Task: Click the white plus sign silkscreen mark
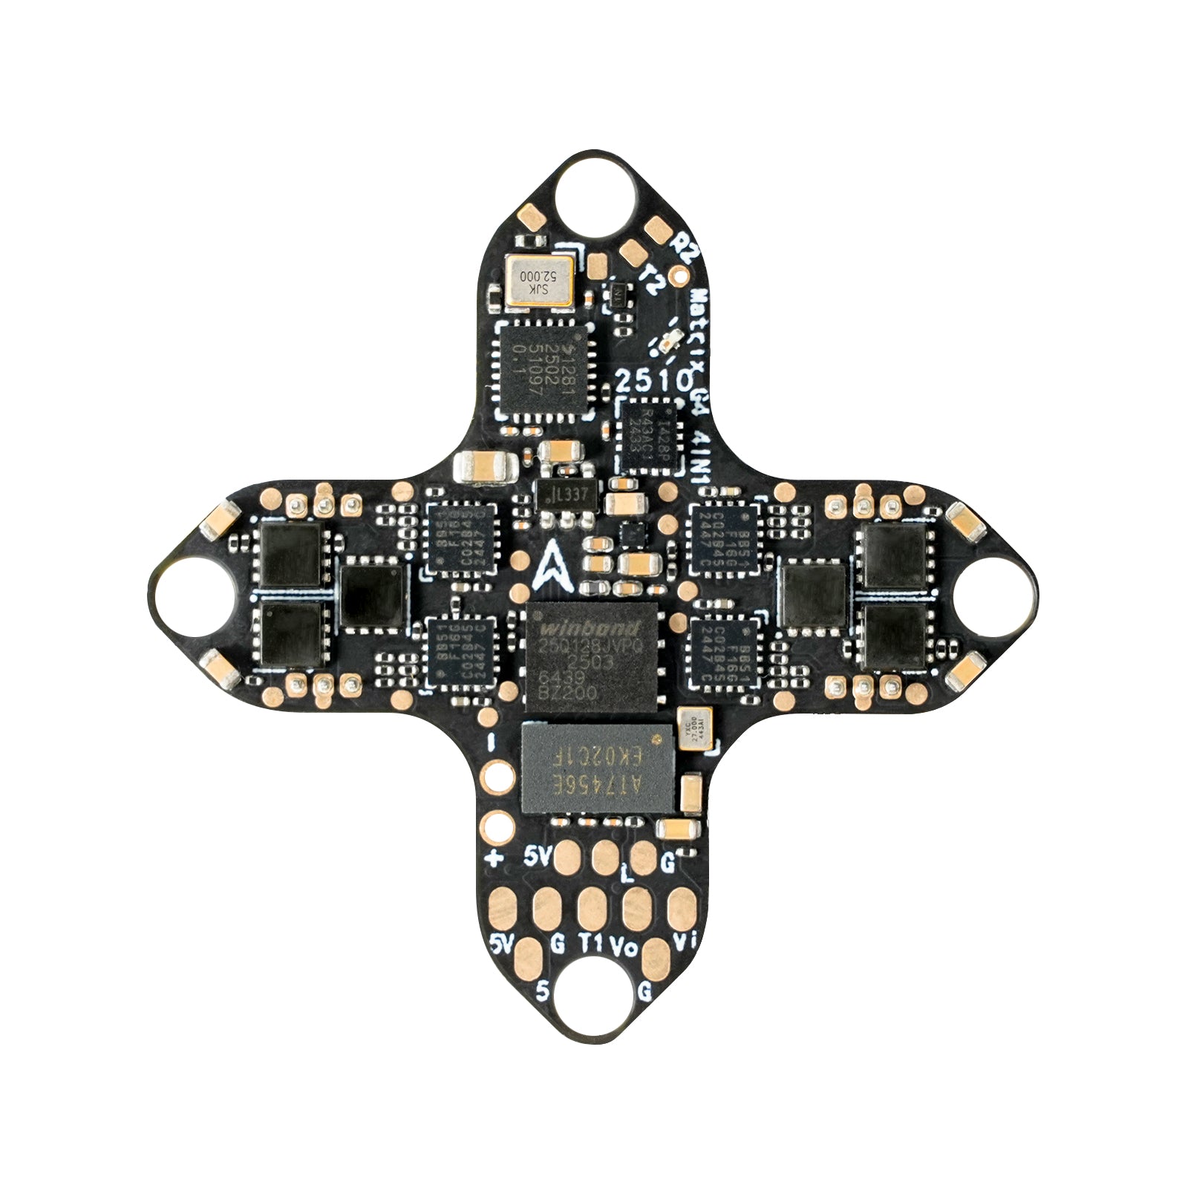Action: [494, 859]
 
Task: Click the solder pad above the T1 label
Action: [592, 907]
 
